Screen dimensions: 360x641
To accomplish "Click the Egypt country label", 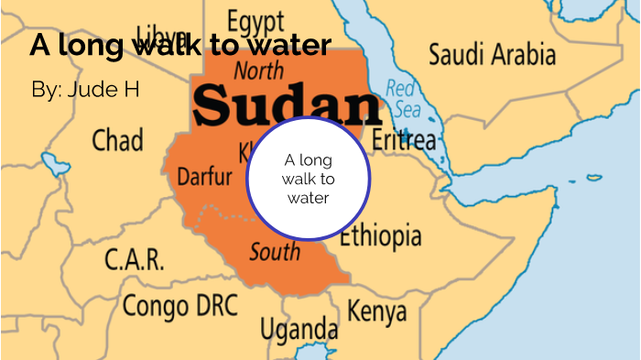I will (257, 20).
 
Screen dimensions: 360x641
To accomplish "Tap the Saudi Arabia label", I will (492, 52).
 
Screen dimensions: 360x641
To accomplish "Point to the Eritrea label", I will (404, 140).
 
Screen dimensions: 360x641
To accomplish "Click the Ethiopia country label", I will (381, 236).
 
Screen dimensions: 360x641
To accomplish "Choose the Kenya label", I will (376, 311).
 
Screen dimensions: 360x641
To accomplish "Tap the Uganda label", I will (299, 327).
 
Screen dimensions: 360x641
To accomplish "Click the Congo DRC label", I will (180, 304).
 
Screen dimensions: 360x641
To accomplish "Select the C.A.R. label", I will (134, 260).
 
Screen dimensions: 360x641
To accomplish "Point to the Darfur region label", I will (204, 176).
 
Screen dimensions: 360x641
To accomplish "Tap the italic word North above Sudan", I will (258, 70).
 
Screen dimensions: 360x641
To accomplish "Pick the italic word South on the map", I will (274, 252).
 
